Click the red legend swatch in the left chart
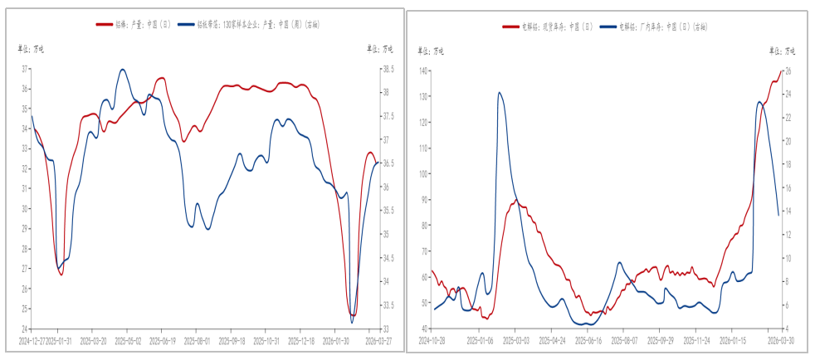click(105, 26)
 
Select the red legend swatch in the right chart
click(510, 27)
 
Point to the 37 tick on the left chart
click(24, 69)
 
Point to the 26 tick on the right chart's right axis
click(788, 71)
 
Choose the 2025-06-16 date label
click(588, 340)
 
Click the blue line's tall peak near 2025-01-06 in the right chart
click(500, 92)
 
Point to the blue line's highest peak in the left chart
click(123, 70)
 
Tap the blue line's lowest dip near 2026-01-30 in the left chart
click(351, 322)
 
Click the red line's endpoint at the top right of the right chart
click(781, 71)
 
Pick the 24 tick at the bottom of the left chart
click(24, 328)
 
